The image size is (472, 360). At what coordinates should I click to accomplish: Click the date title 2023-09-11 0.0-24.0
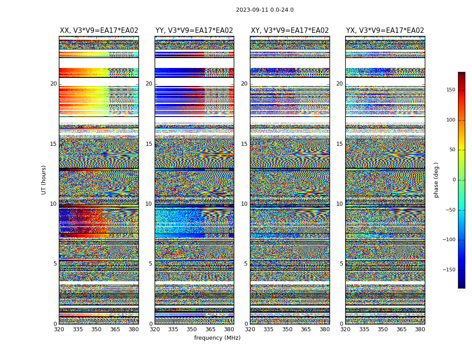[x=265, y=10]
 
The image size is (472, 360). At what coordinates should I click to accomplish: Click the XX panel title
[x=99, y=31]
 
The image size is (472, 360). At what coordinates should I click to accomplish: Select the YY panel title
[x=194, y=31]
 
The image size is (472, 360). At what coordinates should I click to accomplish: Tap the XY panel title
[x=290, y=31]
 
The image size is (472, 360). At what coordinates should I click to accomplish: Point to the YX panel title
[x=385, y=31]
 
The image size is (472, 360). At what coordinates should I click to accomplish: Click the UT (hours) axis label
[x=44, y=180]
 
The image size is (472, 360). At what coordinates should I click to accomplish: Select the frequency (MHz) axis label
[x=217, y=338]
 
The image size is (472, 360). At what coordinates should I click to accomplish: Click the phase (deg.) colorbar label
[x=436, y=180]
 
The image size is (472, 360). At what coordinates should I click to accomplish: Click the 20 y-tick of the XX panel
[x=53, y=84]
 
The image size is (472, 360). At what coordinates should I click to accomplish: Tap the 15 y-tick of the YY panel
[x=149, y=144]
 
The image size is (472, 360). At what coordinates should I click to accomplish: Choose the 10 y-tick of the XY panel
[x=244, y=204]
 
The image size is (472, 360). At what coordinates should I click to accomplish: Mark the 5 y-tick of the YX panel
[x=341, y=264]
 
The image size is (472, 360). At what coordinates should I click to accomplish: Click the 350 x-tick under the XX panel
[x=96, y=329]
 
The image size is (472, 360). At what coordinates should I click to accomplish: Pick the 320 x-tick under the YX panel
[x=346, y=329]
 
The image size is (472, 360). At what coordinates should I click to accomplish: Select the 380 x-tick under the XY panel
[x=325, y=329]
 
